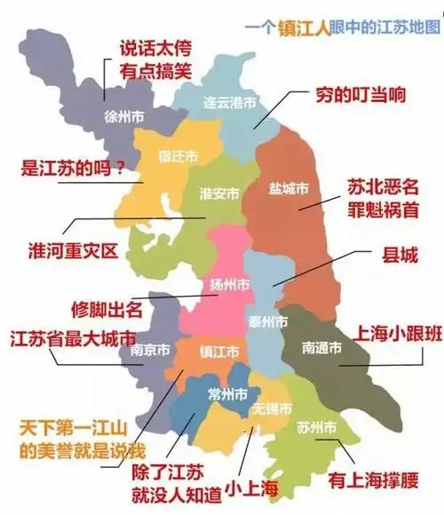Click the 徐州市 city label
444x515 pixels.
pos(124,116)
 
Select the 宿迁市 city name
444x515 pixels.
pos(178,156)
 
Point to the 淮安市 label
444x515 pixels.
pos(218,194)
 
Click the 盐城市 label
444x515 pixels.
pos(289,188)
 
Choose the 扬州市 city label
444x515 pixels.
pos(229,284)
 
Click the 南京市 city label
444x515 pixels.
pos(150,350)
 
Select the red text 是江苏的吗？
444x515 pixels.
pos(73,167)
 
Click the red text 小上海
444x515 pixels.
pos(251,487)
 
